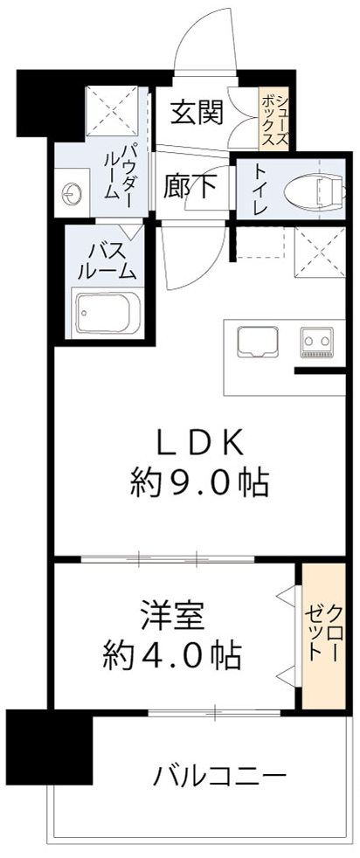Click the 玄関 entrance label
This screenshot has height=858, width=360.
tap(196, 112)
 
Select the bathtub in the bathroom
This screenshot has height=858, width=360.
tap(105, 312)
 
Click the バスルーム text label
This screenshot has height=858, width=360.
tap(106, 259)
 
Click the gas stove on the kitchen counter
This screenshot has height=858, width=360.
tap(318, 342)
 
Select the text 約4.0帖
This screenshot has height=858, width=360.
tap(171, 653)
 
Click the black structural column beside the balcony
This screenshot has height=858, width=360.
tap(48, 746)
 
